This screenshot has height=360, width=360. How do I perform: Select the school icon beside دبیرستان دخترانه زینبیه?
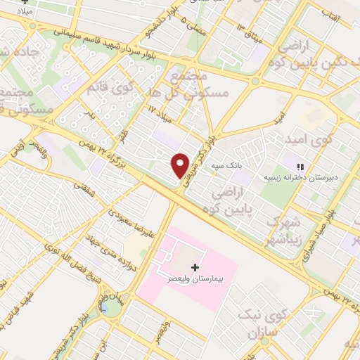click(300, 167)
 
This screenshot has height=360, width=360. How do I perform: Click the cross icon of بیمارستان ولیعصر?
click(195, 268)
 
